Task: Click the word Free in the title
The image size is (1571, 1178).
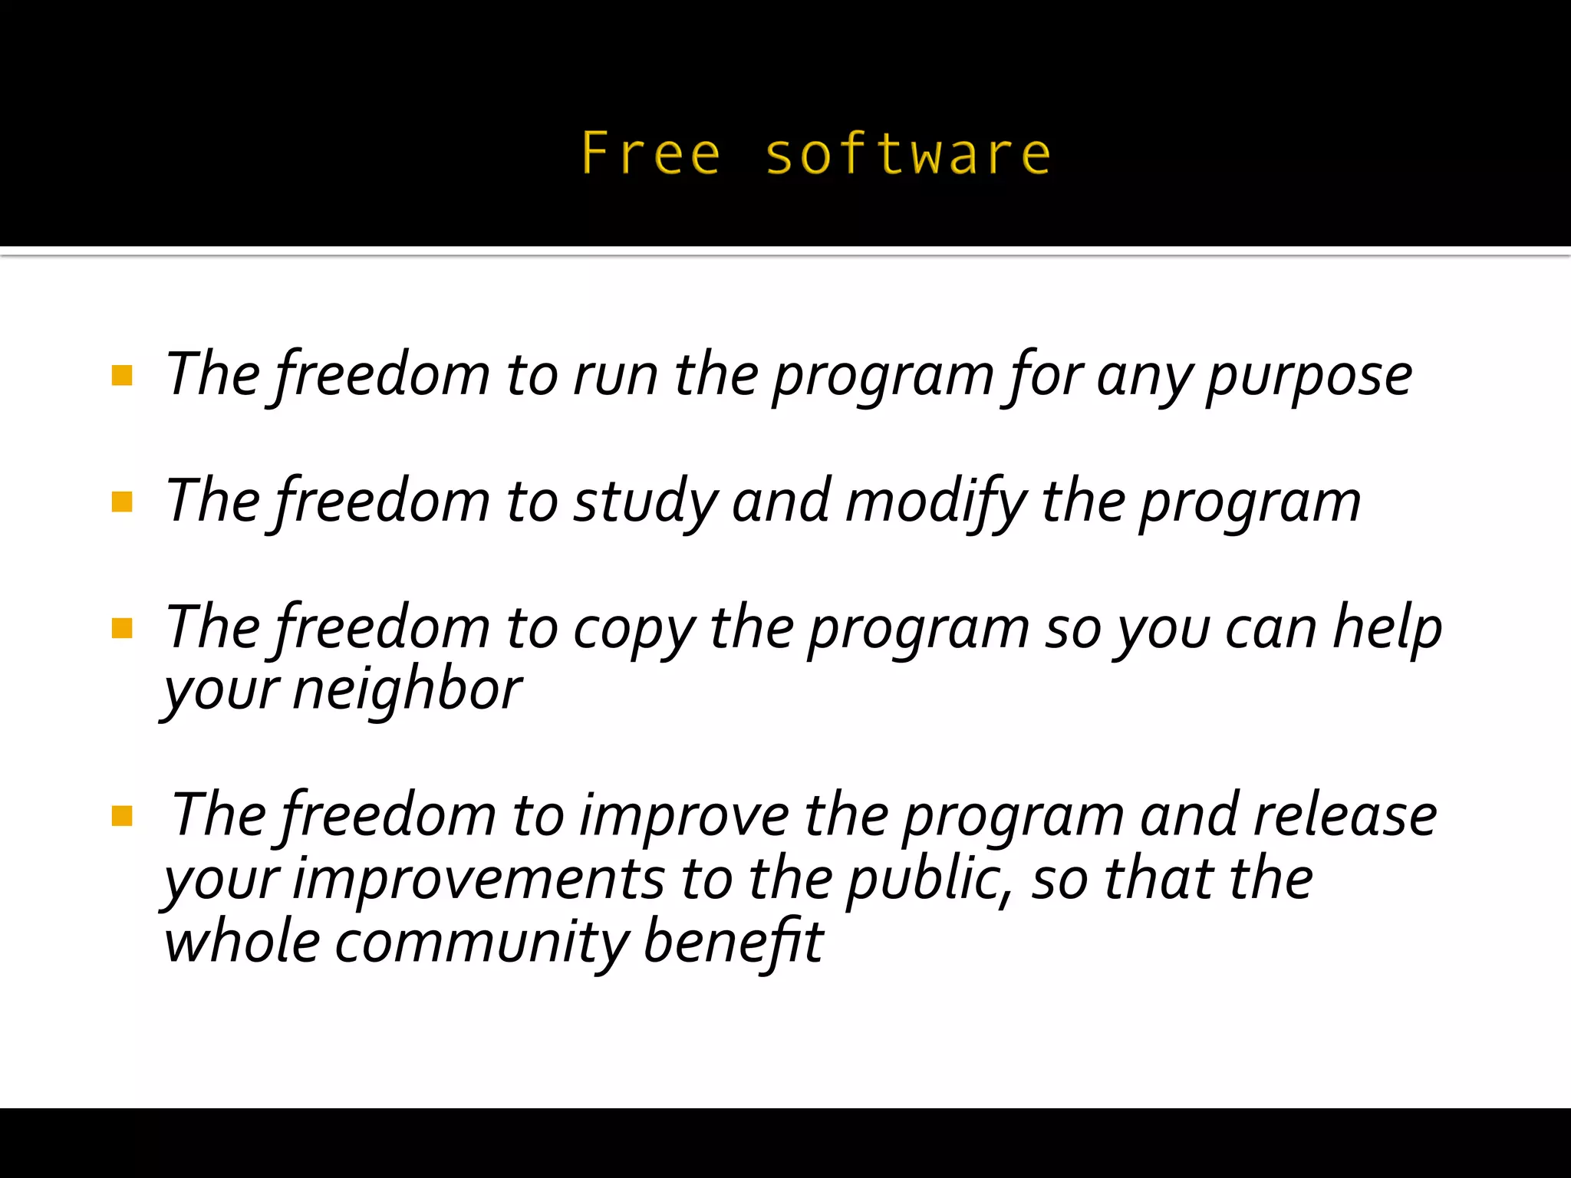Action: coord(650,153)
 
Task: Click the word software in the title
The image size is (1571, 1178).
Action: coord(907,153)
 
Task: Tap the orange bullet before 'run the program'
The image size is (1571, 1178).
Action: coord(122,375)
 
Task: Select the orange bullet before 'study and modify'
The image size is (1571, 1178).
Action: coord(122,502)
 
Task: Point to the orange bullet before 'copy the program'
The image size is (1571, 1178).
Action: coord(122,628)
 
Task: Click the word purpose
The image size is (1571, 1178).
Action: coord(1309,377)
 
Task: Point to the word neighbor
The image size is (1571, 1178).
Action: coord(407,690)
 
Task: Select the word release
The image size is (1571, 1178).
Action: coord(1345,815)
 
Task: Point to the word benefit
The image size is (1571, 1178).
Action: coord(733,942)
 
